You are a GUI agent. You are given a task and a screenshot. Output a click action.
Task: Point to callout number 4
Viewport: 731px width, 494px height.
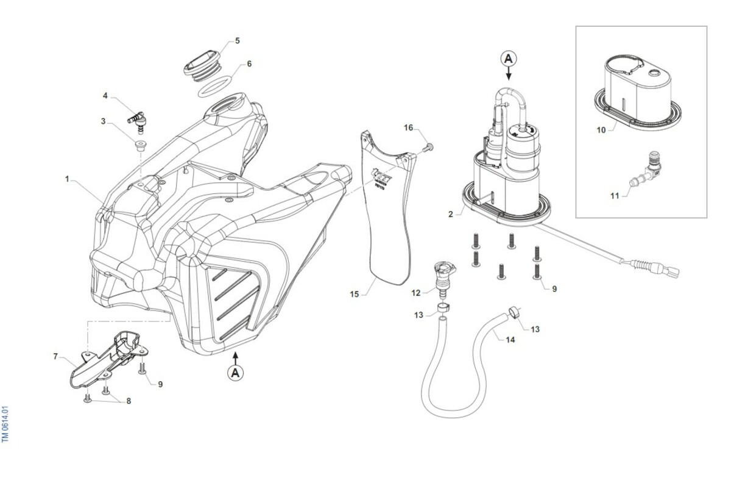point(105,96)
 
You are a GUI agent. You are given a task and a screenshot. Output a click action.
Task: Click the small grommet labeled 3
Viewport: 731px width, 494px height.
point(141,146)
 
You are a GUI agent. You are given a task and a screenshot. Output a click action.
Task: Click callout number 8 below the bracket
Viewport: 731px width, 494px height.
point(129,401)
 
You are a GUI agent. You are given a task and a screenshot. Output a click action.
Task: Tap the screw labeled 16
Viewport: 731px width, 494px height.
point(427,146)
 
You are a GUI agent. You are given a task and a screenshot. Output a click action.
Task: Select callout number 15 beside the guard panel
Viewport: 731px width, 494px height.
point(355,295)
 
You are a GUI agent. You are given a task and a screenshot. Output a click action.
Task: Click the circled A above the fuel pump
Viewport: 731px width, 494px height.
point(509,59)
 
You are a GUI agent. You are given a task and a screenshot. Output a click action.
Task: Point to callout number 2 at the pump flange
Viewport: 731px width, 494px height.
point(451,214)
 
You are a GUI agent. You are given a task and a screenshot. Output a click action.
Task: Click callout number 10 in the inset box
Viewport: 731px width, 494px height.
point(601,130)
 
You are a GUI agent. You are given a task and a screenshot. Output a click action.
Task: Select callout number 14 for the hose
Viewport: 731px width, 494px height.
point(510,339)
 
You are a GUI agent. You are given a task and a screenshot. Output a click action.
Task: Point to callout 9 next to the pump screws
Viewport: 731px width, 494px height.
point(554,289)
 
